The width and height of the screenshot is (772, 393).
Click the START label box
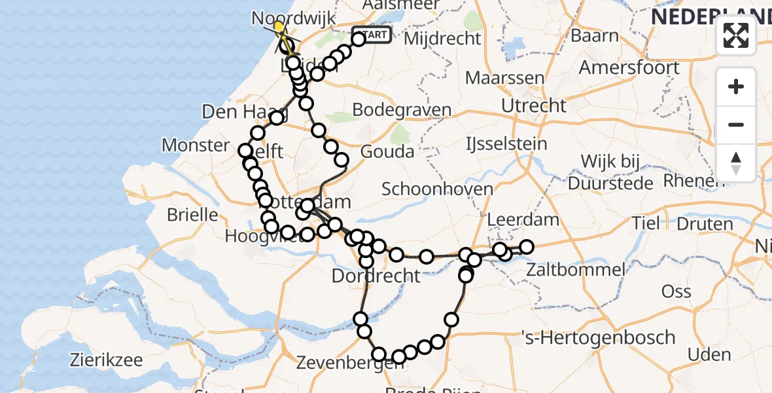click(x=372, y=34)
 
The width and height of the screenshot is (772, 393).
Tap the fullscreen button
click(x=736, y=35)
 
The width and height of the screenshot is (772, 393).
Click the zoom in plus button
click(x=736, y=86)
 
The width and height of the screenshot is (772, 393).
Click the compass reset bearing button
click(x=736, y=162)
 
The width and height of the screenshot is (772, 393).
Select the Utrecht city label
click(x=533, y=105)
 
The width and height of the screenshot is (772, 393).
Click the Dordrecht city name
click(x=376, y=275)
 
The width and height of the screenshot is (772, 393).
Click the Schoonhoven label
click(x=437, y=189)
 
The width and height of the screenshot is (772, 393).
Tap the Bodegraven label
click(x=402, y=110)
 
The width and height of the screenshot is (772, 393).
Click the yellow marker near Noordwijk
click(x=279, y=28)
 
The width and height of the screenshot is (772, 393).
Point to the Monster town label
click(x=195, y=145)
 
